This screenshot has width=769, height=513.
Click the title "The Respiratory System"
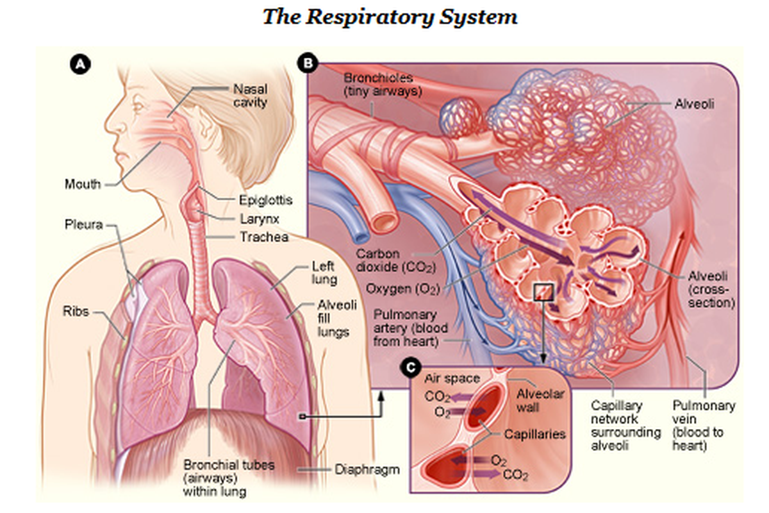pos(390,17)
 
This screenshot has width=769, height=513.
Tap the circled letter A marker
pos(79,64)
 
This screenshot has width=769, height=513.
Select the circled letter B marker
pos(308,63)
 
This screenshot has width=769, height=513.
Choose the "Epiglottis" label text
pos(265,200)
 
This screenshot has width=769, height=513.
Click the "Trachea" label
pos(264,237)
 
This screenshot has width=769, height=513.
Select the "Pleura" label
pos(82,225)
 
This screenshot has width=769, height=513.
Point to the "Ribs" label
pos(76,312)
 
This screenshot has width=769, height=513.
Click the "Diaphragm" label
pos(367,469)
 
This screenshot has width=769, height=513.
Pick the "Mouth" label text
pos(83,185)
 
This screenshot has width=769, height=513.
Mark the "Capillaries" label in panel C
pos(534,434)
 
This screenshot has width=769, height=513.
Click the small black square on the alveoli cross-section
pos(543,292)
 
